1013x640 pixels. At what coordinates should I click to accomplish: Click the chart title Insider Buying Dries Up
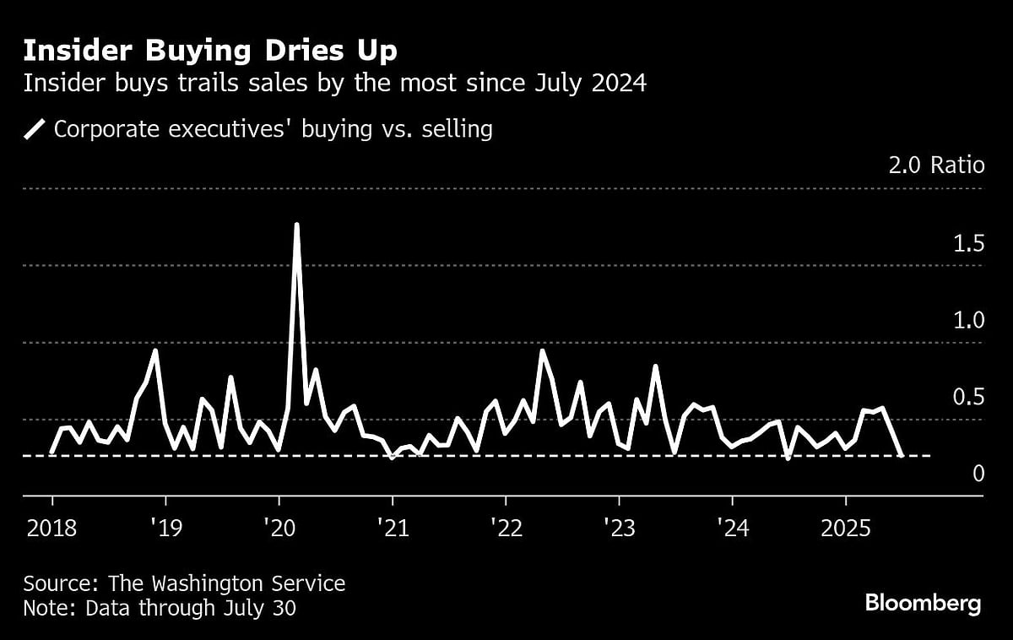click(210, 51)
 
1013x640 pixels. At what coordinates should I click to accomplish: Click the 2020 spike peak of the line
click(296, 225)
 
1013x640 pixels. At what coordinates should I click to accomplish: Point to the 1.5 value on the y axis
click(967, 244)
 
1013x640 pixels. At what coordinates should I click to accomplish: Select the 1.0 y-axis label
click(967, 321)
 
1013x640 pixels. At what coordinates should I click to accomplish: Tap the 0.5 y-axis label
click(967, 397)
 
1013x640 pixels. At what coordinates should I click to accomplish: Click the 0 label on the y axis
click(978, 474)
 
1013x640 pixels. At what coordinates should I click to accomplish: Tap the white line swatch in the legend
click(35, 130)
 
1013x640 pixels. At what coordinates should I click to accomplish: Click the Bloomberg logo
click(923, 603)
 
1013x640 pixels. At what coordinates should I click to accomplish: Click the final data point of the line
click(902, 455)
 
